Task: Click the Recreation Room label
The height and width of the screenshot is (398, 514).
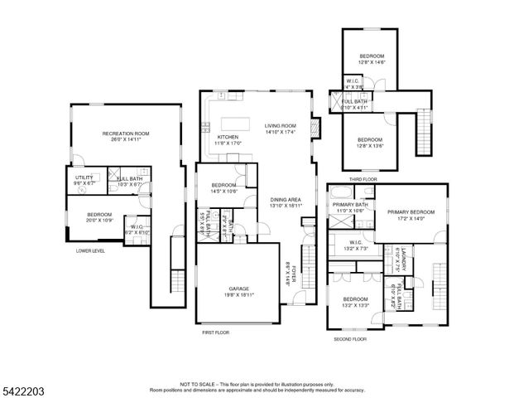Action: click(x=125, y=133)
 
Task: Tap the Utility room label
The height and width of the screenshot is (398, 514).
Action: click(x=84, y=177)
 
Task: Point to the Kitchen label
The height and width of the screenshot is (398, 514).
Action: click(x=228, y=137)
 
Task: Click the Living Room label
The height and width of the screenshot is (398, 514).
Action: click(x=281, y=125)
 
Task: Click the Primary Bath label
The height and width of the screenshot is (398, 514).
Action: click(x=349, y=204)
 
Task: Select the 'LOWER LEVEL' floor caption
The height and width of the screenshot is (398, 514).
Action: click(x=90, y=250)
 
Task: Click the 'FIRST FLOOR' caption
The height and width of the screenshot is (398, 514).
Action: click(x=215, y=332)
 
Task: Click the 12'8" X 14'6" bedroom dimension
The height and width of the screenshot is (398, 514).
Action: click(x=372, y=61)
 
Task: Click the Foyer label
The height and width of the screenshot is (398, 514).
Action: click(x=291, y=274)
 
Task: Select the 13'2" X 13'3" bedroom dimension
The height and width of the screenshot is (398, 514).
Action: click(x=355, y=305)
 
